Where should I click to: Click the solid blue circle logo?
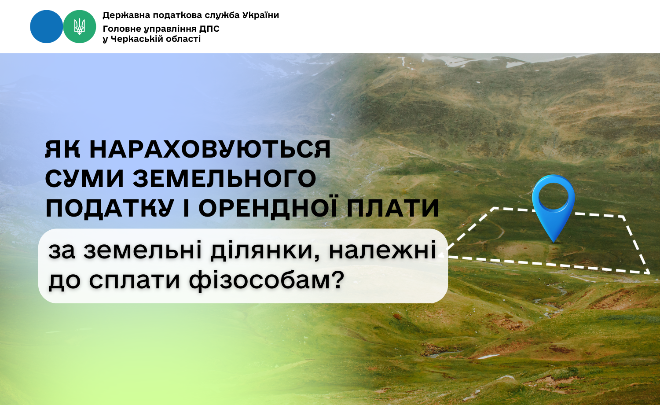[x=47, y=26]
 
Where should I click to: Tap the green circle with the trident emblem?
[x=80, y=26]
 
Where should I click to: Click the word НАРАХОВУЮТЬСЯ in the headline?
[x=210, y=149]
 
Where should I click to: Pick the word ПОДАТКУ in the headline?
[x=109, y=208]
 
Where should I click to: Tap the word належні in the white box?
[x=382, y=250]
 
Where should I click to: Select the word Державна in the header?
[x=126, y=15]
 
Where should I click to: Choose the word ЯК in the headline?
[x=63, y=149]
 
